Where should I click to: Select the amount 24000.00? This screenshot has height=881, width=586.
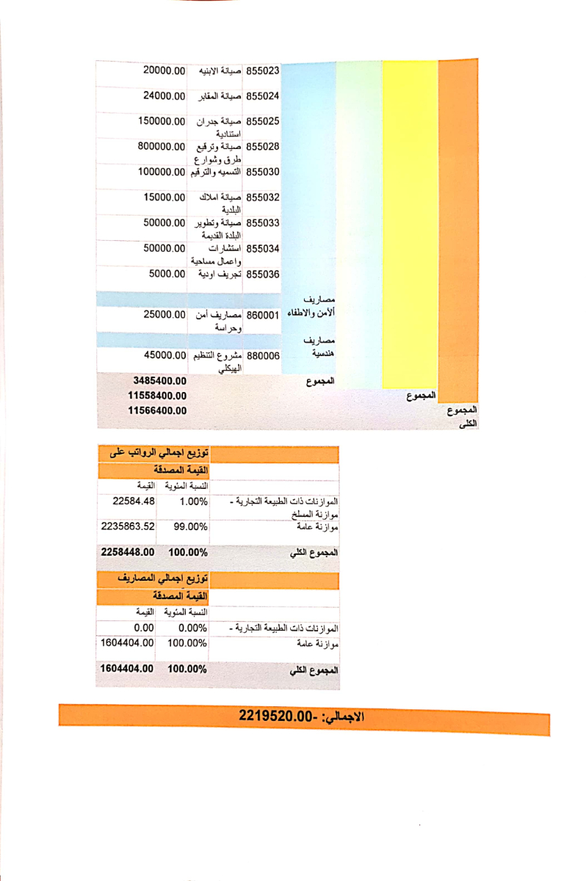(164, 95)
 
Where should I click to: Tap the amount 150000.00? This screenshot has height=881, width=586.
(162, 120)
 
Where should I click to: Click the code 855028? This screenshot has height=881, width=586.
(263, 146)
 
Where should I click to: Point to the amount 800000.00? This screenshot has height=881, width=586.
(161, 146)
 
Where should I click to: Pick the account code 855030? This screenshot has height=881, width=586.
(263, 172)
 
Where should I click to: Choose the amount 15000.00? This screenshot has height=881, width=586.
(164, 197)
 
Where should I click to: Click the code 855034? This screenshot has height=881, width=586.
(263, 248)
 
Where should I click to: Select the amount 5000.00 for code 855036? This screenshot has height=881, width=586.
(167, 274)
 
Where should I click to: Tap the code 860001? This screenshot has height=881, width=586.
(263, 315)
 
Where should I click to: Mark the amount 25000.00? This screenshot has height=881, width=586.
(164, 314)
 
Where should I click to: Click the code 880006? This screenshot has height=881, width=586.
(263, 356)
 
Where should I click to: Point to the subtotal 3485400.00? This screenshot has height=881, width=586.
(160, 381)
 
